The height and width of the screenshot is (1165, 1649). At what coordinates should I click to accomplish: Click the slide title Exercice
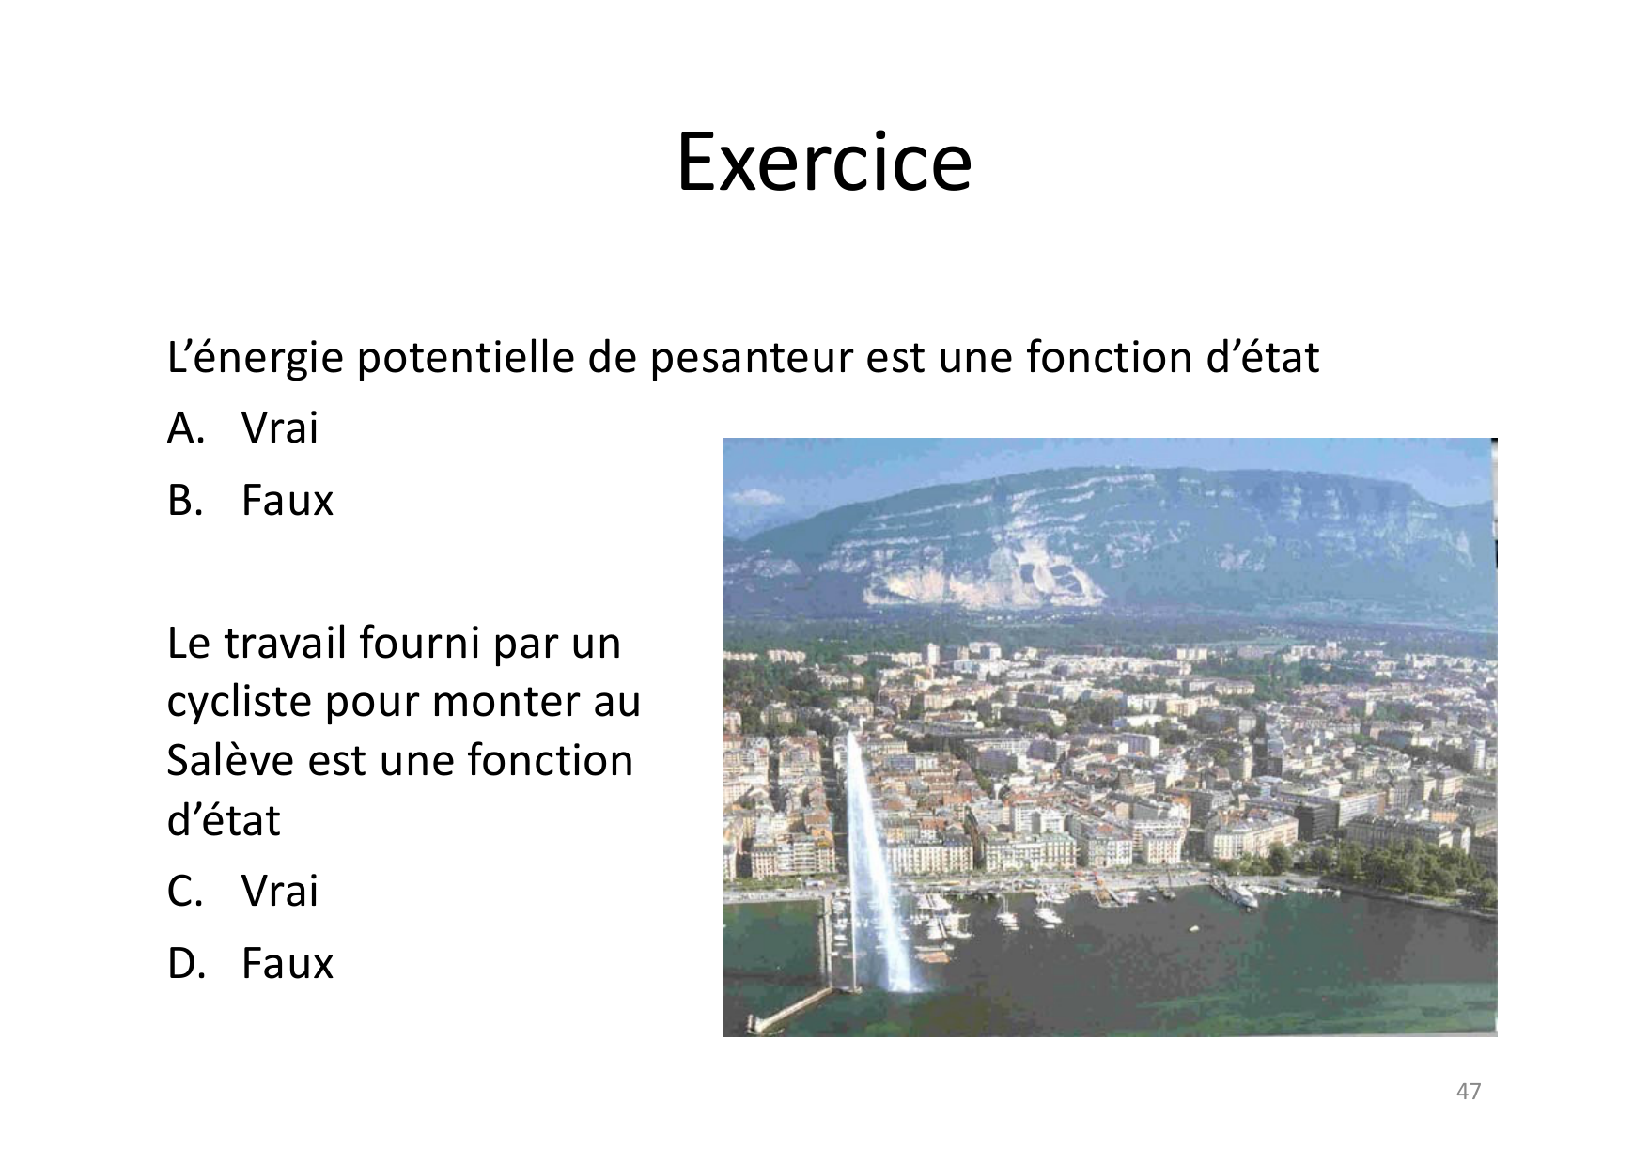[x=824, y=163]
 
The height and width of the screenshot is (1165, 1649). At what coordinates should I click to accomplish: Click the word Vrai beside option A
[x=280, y=428]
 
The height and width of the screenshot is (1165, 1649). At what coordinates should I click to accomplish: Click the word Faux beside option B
[x=288, y=500]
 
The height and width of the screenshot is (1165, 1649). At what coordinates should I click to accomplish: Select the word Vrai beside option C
[x=280, y=891]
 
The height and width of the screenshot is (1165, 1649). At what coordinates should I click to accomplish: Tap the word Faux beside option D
[x=288, y=963]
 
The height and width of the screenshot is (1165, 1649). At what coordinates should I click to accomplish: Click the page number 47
[x=1468, y=1091]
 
